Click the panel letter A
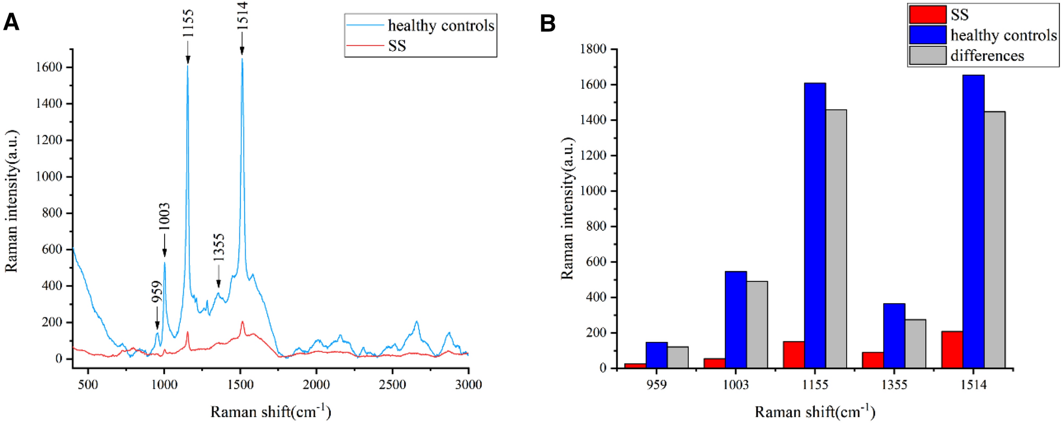(11, 22)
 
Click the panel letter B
(547, 24)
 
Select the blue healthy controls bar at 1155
(815, 225)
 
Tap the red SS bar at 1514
(952, 349)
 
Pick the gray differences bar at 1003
(757, 324)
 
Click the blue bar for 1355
(894, 335)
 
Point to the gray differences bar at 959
(677, 357)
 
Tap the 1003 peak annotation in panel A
(164, 216)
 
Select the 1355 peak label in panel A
(218, 247)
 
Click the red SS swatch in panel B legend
(927, 15)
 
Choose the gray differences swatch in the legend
(927, 55)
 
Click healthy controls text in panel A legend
(441, 25)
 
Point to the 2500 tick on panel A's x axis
(392, 385)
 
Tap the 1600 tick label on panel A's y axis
(49, 67)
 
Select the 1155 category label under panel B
(815, 385)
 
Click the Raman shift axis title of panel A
(270, 411)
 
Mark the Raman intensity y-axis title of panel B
(567, 208)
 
